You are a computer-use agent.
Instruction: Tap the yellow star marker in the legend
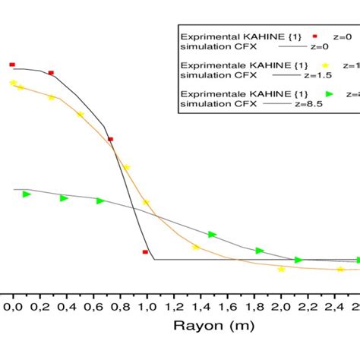(x=327, y=65)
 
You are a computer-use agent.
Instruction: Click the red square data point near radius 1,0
(x=145, y=251)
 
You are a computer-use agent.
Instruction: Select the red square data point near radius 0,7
(x=110, y=140)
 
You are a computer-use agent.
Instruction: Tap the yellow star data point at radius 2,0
(x=281, y=269)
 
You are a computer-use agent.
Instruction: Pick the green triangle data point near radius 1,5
(x=212, y=235)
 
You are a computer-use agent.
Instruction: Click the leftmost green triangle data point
(x=27, y=194)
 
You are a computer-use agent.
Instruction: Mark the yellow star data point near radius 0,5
(x=80, y=115)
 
